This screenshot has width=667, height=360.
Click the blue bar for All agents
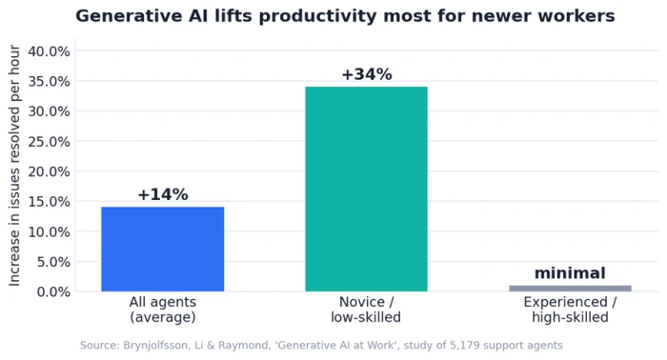click(163, 250)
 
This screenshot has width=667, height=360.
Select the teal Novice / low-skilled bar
click(366, 190)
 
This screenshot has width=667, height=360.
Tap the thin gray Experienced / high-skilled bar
click(570, 289)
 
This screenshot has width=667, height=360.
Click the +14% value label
click(163, 194)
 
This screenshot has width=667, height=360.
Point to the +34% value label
click(367, 74)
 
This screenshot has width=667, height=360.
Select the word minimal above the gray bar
click(570, 273)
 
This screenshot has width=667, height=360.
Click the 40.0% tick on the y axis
click(49, 51)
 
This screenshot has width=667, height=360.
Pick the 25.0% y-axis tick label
click(49, 142)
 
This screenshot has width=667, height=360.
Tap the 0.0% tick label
click(53, 292)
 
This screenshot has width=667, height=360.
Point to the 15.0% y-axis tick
click(49, 202)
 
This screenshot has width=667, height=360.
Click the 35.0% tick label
click(49, 81)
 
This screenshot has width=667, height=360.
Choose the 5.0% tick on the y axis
click(53, 262)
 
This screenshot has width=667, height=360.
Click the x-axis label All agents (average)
click(163, 310)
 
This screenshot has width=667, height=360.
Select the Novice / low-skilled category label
click(366, 310)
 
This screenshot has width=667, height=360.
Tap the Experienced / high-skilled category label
click(570, 310)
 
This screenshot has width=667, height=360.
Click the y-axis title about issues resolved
click(14, 166)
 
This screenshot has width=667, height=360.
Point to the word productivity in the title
click(317, 17)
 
